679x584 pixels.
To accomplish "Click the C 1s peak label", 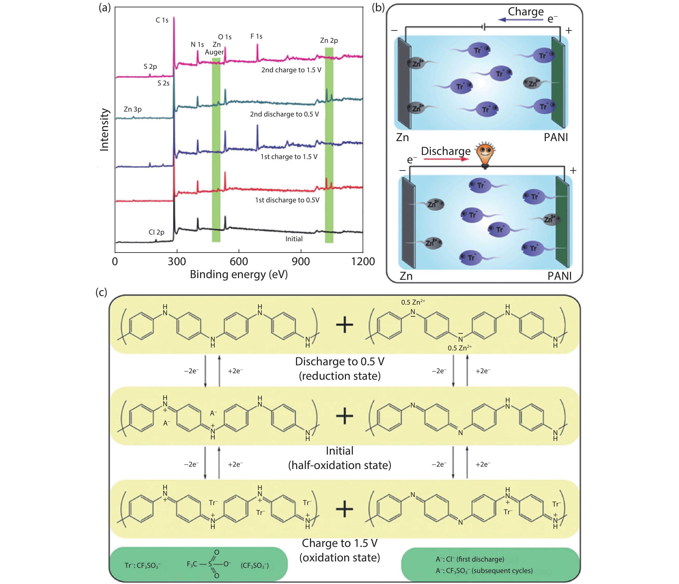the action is (x=162, y=20).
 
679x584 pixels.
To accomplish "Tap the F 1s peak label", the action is (x=256, y=36).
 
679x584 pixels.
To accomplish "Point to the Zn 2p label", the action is (x=329, y=41).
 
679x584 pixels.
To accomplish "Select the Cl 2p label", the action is (x=156, y=232).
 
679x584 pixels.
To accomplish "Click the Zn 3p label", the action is (x=133, y=109).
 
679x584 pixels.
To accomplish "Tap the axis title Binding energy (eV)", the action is (x=239, y=274).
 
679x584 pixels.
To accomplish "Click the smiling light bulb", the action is (x=485, y=155).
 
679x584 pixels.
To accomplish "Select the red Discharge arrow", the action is (x=446, y=159).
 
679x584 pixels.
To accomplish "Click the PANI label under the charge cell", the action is (x=556, y=137).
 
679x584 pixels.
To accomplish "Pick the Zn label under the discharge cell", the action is (x=406, y=276).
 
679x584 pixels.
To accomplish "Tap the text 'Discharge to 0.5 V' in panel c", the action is (x=339, y=361).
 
